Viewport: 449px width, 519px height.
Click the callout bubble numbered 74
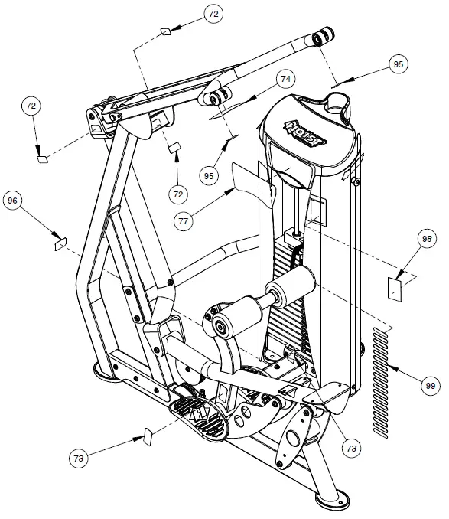pos(285,79)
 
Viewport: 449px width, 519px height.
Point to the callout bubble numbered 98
pos(428,239)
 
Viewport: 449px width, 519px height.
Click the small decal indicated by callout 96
pos(59,245)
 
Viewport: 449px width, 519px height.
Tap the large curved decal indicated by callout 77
pos(252,184)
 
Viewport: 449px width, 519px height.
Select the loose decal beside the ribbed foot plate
pos(148,437)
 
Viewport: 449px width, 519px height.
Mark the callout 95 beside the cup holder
pos(397,66)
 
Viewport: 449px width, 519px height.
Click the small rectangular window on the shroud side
pos(317,208)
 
